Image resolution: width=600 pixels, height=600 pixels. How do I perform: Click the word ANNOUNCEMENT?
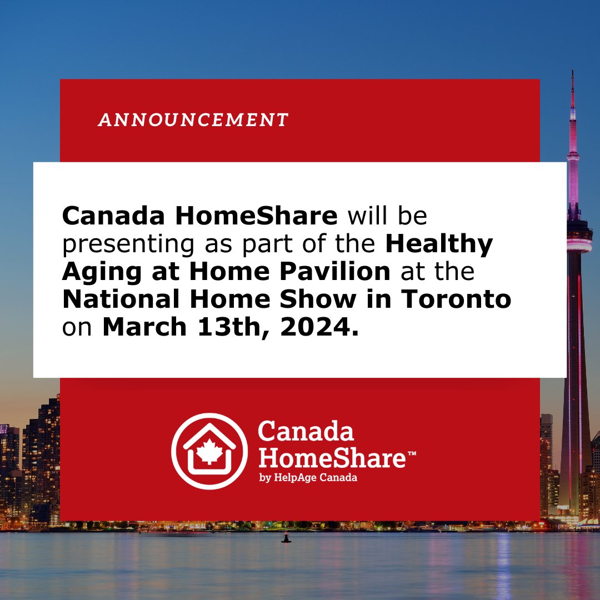[x=193, y=120]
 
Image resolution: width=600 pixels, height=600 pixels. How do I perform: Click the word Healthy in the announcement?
[x=439, y=244]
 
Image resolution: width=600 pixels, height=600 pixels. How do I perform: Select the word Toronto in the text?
[x=456, y=299]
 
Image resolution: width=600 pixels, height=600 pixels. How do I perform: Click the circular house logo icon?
[x=209, y=451]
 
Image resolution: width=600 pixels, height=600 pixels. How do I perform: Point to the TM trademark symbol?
[x=412, y=454]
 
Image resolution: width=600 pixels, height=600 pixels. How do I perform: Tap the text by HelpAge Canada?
[x=308, y=478]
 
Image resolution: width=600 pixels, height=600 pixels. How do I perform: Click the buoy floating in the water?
[x=286, y=537]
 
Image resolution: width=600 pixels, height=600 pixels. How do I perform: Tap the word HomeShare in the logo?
[x=331, y=458]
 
